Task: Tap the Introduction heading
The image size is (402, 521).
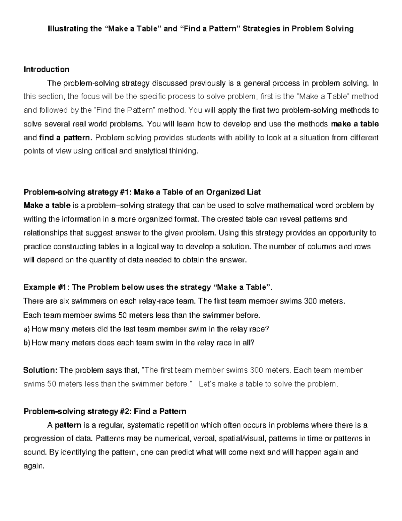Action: click(46, 69)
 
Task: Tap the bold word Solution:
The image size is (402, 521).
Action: click(40, 370)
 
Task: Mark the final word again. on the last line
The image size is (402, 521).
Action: click(33, 466)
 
